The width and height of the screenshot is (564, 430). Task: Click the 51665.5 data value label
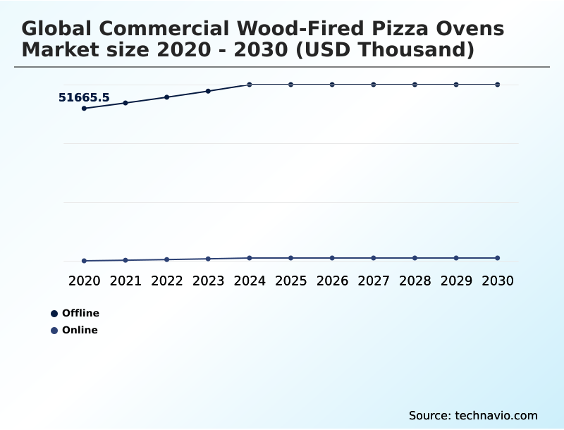tap(84, 98)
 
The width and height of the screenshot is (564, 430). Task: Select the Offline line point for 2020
tap(84, 109)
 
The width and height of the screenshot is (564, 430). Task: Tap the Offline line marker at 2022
tap(167, 97)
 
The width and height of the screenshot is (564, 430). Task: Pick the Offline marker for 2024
tap(250, 85)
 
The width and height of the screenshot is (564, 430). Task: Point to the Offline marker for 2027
tap(374, 85)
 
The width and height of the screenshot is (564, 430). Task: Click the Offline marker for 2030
tap(498, 85)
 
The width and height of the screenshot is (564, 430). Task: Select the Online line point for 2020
tap(84, 261)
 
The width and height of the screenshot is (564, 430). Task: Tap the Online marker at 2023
tap(208, 259)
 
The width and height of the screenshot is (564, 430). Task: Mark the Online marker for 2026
tap(332, 258)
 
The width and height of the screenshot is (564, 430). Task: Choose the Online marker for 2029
tap(456, 258)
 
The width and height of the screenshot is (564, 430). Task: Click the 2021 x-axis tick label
tap(125, 281)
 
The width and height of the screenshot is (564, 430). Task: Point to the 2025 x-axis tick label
tap(291, 281)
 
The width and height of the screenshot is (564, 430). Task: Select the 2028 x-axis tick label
tap(415, 281)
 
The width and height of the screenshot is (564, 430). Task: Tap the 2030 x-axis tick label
tap(498, 281)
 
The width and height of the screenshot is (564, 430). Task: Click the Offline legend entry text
tap(80, 313)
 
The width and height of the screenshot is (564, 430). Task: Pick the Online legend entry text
tap(80, 330)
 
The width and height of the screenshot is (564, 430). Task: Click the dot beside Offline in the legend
tap(54, 314)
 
